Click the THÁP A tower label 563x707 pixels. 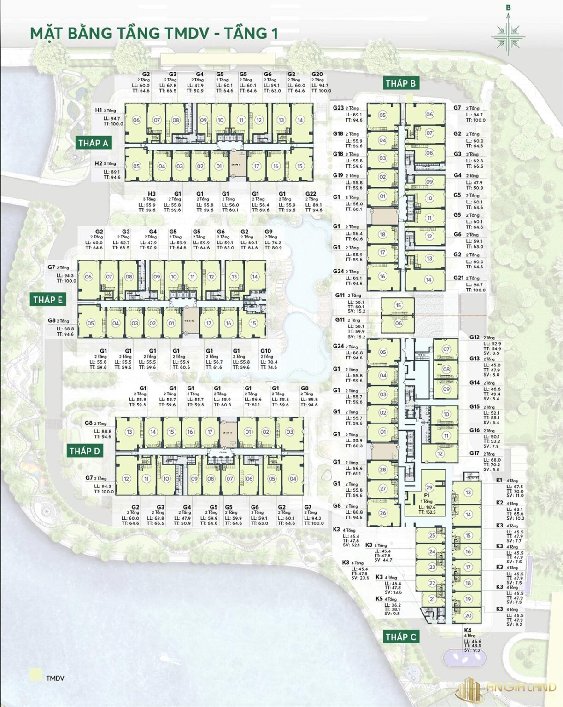pyautogui.click(x=93, y=143)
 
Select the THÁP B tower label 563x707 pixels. pyautogui.click(x=401, y=83)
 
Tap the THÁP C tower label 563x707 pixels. pyautogui.click(x=401, y=637)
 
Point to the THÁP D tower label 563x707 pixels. pyautogui.click(x=85, y=451)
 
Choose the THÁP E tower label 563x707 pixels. pyautogui.click(x=48, y=300)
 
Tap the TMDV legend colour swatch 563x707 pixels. pyautogui.click(x=35, y=675)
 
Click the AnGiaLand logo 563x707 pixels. pyautogui.click(x=507, y=689)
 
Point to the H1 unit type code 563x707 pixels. pyautogui.click(x=98, y=110)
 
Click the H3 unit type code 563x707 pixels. pyautogui.click(x=152, y=194)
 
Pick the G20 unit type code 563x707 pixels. pyautogui.click(x=317, y=74)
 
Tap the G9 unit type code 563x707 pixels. pyautogui.click(x=269, y=232)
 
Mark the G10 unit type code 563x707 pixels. pyautogui.click(x=265, y=351)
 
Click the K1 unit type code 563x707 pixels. pyautogui.click(x=499, y=480)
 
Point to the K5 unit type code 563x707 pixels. pyautogui.click(x=379, y=599)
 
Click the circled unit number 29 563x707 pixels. pyautogui.click(x=429, y=487)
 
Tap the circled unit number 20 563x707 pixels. pyautogui.click(x=468, y=615)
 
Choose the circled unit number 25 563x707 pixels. pyautogui.click(x=432, y=535)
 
